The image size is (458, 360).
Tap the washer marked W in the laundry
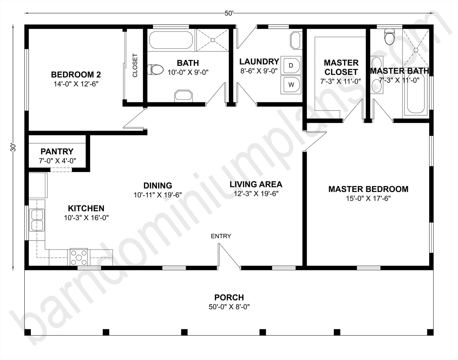(291, 85)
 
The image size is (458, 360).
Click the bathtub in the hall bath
(171, 40)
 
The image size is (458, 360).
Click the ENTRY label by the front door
(221, 236)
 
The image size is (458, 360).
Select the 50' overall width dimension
(229, 13)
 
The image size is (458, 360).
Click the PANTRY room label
(57, 151)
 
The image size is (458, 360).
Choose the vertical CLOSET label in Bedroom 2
(135, 66)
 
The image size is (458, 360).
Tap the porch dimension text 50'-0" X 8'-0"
(229, 307)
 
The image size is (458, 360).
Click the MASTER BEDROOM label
(368, 189)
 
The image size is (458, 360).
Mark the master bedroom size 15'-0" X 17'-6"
(368, 199)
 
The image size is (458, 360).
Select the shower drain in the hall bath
(213, 40)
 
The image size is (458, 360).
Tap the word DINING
(158, 185)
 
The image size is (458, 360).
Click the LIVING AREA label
(256, 184)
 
